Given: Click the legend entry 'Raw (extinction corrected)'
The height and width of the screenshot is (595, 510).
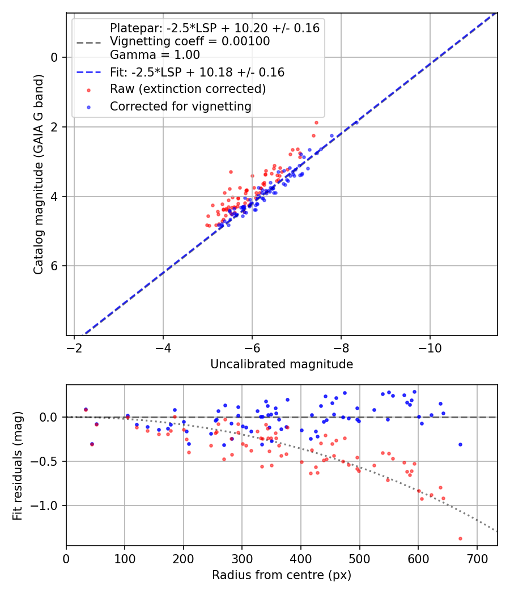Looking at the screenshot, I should click(x=188, y=89).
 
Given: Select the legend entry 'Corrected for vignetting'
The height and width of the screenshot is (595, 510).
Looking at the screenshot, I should click(x=180, y=106).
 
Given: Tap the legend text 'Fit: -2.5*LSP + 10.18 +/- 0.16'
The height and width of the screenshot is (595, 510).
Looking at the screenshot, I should click(x=197, y=72).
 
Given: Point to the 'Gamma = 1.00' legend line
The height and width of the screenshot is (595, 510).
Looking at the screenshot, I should click(x=155, y=55).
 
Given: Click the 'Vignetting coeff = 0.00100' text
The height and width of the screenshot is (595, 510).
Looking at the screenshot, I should click(x=190, y=41).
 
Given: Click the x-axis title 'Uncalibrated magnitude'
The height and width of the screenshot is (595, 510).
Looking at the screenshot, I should click(x=282, y=364).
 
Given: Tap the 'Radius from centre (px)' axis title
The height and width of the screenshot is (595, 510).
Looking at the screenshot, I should click(x=282, y=575).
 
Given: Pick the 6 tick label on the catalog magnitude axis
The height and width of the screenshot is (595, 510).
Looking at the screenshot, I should click(x=55, y=266).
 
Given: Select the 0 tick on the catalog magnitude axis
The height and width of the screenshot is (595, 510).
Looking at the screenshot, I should click(x=55, y=57).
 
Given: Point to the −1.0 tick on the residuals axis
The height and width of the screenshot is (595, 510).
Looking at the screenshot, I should click(x=48, y=505).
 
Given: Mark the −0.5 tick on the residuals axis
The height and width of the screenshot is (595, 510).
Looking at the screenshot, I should click(x=48, y=461).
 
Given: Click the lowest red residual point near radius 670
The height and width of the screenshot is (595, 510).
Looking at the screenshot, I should click(x=460, y=538).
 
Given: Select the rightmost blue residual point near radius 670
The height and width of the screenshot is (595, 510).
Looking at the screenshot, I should click(x=460, y=444).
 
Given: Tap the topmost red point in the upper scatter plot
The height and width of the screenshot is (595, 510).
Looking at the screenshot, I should click(x=316, y=122).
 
